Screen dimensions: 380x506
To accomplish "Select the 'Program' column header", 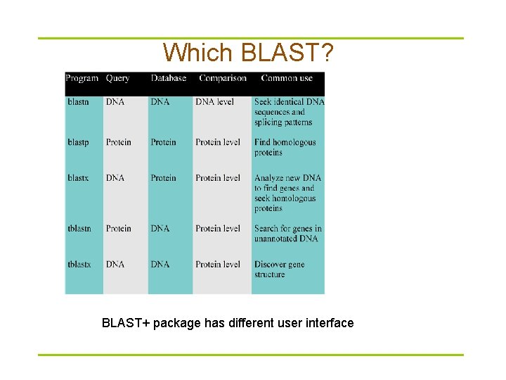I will [82, 78].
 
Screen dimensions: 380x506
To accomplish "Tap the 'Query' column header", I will [117, 78].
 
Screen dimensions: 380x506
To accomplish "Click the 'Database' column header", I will [168, 78].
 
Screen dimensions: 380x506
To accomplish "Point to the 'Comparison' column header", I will [222, 78].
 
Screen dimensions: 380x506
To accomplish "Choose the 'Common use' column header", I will [287, 78].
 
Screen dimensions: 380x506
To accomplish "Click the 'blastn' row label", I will [78, 102].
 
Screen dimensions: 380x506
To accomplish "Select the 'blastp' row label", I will [78, 142].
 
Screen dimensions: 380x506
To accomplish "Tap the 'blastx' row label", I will [78, 178].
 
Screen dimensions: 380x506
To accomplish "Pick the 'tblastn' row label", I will [79, 229].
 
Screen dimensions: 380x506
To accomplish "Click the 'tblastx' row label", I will [79, 265].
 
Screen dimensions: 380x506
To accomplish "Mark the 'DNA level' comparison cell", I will [214, 102].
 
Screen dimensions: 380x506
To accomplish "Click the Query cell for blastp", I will [118, 142].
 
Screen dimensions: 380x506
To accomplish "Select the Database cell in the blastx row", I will [163, 178].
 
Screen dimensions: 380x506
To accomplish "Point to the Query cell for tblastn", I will [118, 229].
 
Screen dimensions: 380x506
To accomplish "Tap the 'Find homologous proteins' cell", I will [285, 147].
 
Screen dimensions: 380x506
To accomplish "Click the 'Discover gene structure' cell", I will [279, 270].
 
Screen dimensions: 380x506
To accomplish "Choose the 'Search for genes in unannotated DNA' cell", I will [287, 234].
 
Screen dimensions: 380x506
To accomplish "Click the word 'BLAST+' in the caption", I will [126, 323].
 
